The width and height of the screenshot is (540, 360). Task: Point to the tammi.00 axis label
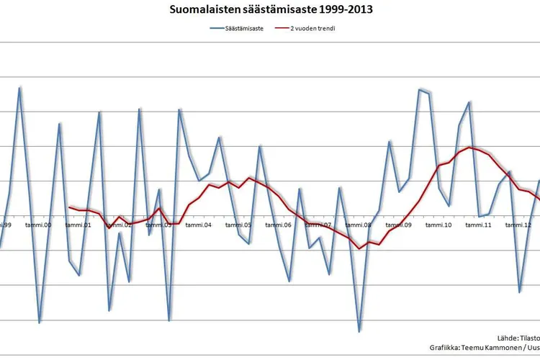click(x=37, y=225)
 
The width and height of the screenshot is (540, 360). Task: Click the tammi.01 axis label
click(x=78, y=225)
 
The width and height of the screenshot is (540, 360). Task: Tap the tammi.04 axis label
click(x=197, y=225)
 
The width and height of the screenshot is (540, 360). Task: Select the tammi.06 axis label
click(x=277, y=225)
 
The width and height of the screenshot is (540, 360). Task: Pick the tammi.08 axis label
click(x=358, y=225)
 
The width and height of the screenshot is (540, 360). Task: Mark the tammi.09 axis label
click(x=397, y=225)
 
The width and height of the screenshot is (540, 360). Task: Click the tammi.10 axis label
click(x=438, y=225)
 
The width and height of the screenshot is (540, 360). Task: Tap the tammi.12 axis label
click(x=518, y=225)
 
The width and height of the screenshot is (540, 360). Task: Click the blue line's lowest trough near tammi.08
click(x=359, y=331)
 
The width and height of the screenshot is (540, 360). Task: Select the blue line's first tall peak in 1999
click(x=19, y=87)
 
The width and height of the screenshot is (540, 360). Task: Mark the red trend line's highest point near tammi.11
click(x=469, y=148)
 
